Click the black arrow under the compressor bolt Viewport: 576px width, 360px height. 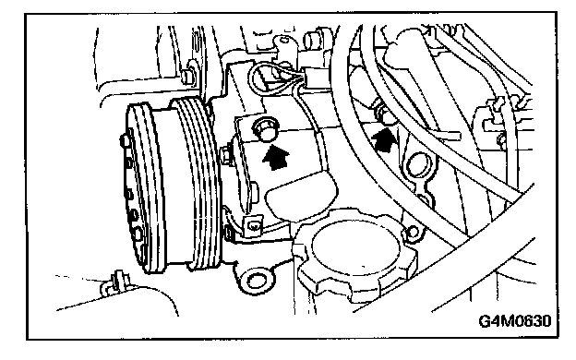pos(276,157)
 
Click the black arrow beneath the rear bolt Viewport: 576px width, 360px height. pos(384,140)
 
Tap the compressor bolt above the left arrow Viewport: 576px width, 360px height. pos(265,129)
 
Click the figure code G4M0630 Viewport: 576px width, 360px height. pos(515,320)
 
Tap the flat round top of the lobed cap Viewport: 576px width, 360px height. pos(354,246)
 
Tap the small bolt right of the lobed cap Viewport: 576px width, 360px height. pos(413,232)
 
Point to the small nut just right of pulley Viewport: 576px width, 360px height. pos(227,154)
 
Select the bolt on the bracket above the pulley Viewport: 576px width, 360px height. pos(187,76)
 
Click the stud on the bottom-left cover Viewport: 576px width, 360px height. pos(117,282)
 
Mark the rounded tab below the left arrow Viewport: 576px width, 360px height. pos(301,197)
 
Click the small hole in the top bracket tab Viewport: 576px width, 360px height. pos(283,40)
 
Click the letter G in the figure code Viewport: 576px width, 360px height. pos(485,320)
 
